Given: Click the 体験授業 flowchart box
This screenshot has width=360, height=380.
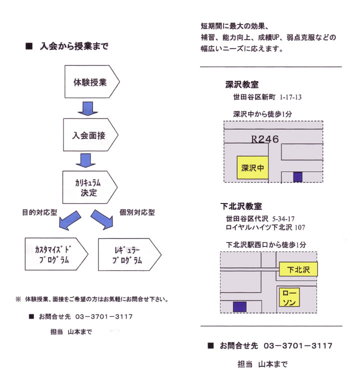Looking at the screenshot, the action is pyautogui.click(x=92, y=81).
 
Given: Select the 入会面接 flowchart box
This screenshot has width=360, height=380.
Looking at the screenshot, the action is pyautogui.click(x=90, y=134).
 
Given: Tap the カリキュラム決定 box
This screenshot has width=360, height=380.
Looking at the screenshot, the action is pyautogui.click(x=90, y=187).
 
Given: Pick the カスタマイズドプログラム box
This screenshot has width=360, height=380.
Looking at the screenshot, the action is pyautogui.click(x=56, y=254).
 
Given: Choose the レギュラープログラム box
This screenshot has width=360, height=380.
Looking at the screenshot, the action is pyautogui.click(x=129, y=254).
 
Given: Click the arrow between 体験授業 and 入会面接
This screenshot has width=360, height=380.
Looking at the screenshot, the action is pyautogui.click(x=88, y=108).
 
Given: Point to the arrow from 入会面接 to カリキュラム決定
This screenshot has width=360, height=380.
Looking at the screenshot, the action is pyautogui.click(x=85, y=160).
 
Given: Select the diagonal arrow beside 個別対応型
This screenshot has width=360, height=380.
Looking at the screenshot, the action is pyautogui.click(x=102, y=219).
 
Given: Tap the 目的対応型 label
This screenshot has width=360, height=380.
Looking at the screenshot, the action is pyautogui.click(x=40, y=212).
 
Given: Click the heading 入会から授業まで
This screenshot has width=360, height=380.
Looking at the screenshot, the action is pyautogui.click(x=74, y=46).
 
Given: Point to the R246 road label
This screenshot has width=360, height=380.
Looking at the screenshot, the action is pyautogui.click(x=264, y=139).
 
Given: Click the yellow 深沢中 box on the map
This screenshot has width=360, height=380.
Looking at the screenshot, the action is pyautogui.click(x=252, y=167).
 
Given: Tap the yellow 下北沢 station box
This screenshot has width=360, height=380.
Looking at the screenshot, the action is pyautogui.click(x=298, y=269).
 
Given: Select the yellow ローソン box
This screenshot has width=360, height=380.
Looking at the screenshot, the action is pyautogui.click(x=289, y=297).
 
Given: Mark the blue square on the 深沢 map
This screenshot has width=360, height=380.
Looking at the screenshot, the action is pyautogui.click(x=297, y=177).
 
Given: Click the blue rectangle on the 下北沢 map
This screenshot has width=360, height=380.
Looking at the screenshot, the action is pyautogui.click(x=240, y=307).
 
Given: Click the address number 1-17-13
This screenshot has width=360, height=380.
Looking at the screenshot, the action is pyautogui.click(x=290, y=97).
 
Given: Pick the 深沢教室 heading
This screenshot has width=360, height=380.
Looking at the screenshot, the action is pyautogui.click(x=242, y=84).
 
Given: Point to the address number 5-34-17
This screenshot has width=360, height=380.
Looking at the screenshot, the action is pyautogui.click(x=283, y=219).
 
